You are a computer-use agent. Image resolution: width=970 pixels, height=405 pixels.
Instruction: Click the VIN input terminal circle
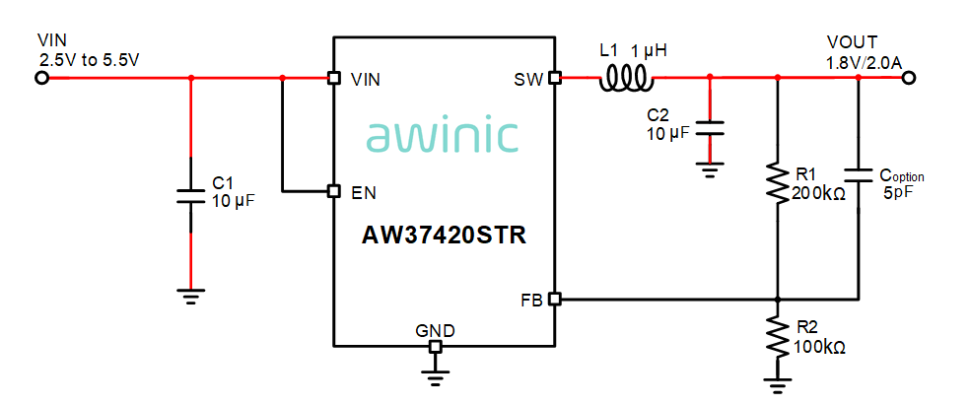(x=41, y=78)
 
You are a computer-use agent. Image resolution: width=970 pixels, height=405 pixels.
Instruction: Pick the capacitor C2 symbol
(x=709, y=128)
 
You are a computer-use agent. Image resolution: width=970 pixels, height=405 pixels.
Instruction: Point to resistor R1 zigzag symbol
(x=778, y=180)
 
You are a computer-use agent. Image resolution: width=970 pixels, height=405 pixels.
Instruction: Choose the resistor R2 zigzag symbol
(x=778, y=335)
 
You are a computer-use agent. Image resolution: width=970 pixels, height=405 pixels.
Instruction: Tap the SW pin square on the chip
(x=555, y=78)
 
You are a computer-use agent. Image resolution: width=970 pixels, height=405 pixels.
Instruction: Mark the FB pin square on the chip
(x=555, y=298)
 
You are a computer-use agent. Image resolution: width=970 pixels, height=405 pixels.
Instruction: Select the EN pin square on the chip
(x=333, y=191)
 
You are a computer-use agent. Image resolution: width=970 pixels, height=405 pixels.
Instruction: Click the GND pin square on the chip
(x=434, y=346)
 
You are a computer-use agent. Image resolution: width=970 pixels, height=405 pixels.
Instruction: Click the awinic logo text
(x=443, y=135)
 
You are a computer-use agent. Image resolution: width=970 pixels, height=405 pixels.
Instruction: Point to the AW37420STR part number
(x=444, y=236)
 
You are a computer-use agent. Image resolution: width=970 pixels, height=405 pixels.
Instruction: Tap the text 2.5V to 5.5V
(x=89, y=59)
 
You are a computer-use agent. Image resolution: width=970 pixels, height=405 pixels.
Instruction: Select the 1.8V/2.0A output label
(x=864, y=61)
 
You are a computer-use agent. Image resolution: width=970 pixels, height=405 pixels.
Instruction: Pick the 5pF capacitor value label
(x=898, y=194)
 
